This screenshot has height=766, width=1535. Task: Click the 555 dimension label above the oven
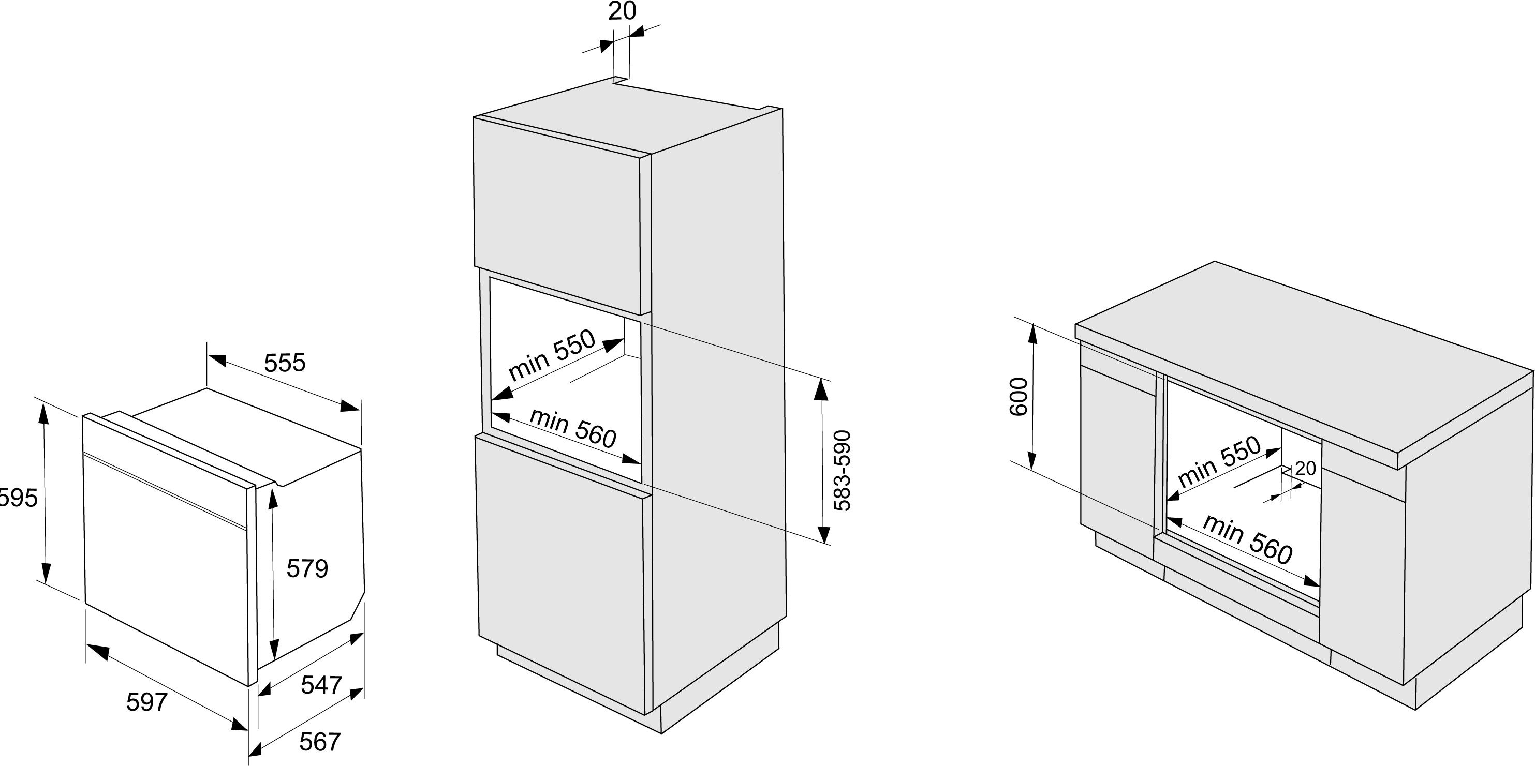coord(285,363)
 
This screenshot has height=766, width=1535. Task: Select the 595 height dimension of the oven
coord(18,498)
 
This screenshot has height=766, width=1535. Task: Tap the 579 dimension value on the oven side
coord(307,569)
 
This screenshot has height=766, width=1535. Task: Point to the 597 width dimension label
coord(146,702)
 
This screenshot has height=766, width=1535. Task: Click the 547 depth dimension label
coord(321,685)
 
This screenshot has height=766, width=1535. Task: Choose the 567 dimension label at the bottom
coord(319,742)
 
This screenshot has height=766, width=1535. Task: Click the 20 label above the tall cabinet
coord(622,11)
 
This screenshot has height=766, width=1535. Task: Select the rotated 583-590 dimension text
coord(842,471)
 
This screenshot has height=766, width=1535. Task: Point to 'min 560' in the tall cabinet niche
coord(572,428)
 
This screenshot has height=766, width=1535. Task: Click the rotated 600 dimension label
coord(1019,397)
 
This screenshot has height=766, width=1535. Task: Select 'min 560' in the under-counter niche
coord(1247,539)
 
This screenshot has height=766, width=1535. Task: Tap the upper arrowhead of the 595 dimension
coord(43,411)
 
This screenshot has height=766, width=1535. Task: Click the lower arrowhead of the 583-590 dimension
coord(823,534)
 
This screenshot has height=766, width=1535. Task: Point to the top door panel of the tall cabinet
coord(557,215)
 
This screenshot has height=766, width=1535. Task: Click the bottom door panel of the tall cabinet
coord(560,572)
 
